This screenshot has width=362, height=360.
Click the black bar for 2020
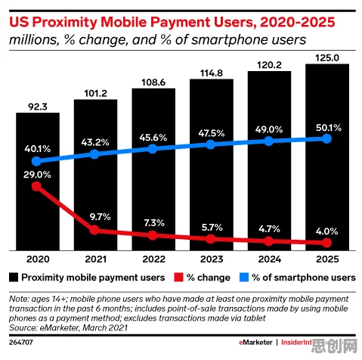(38, 182)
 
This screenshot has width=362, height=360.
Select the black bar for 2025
(327, 157)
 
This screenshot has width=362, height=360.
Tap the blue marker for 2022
(153, 148)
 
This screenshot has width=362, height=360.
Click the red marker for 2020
(37, 187)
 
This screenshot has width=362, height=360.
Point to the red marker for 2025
(327, 243)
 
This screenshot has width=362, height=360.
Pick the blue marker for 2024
(269, 141)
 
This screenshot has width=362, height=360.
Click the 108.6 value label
(153, 82)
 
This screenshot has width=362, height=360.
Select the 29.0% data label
(37, 175)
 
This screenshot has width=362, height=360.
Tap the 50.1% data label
(329, 128)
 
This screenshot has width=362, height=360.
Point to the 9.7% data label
(100, 216)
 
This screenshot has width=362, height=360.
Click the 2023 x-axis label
(212, 259)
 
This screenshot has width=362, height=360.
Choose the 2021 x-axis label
(96, 259)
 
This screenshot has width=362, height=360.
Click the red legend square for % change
(178, 278)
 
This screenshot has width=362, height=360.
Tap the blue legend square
(244, 278)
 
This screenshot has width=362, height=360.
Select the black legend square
(14, 278)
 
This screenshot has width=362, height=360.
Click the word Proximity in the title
(64, 22)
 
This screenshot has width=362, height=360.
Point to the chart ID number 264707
(21, 343)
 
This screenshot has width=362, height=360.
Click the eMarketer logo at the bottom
(255, 343)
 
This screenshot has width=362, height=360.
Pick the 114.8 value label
(212, 73)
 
